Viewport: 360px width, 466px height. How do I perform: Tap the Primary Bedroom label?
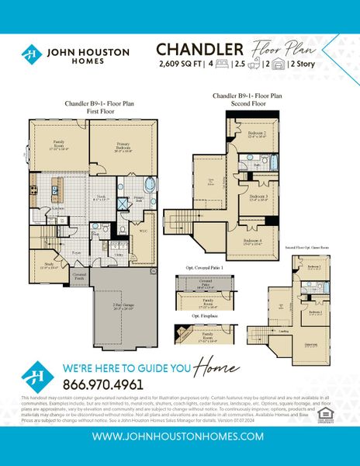pyautogui.click(x=118, y=146)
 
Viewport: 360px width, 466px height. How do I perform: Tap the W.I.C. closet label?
pyautogui.click(x=143, y=231)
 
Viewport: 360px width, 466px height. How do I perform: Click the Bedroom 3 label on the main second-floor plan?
pyautogui.click(x=259, y=198)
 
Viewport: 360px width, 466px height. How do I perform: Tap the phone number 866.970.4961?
pyautogui.click(x=102, y=384)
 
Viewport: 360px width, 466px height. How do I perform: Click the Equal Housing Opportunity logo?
pyautogui.click(x=338, y=405)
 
